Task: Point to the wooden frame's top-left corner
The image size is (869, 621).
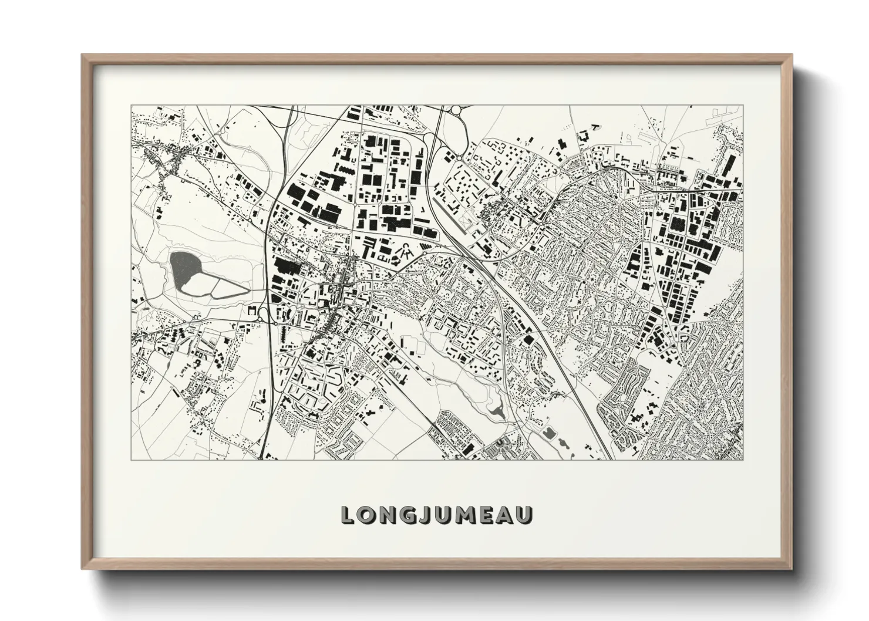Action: [83, 56]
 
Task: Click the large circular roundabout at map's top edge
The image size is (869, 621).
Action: [456, 109]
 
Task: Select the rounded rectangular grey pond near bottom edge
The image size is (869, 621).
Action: [548, 433]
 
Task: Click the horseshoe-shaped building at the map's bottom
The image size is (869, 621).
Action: [499, 444]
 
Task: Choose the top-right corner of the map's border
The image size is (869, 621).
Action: [743, 106]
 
